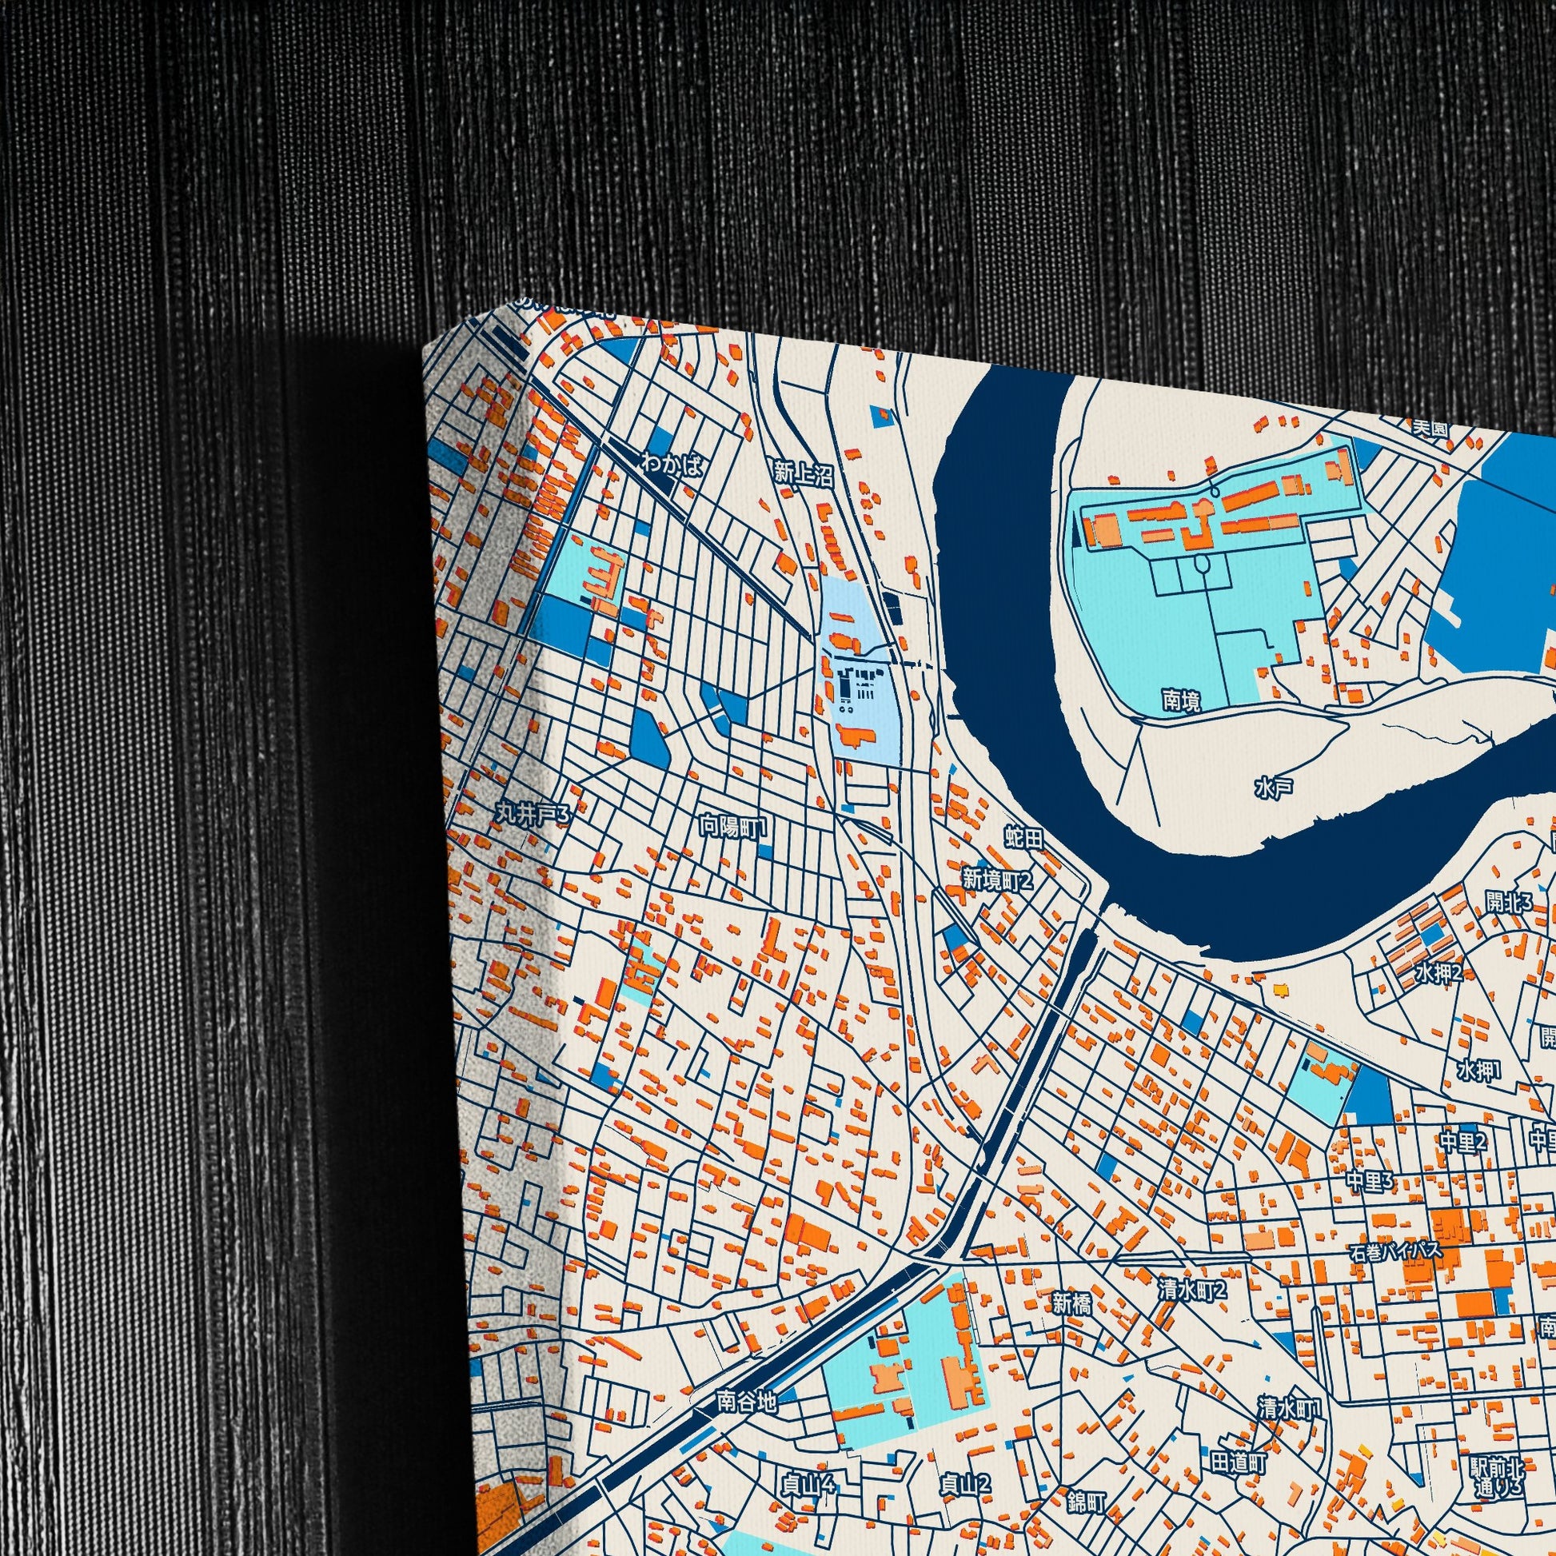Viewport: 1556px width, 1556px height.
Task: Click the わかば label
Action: pos(672,465)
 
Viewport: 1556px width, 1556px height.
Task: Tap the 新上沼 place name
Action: pos(802,474)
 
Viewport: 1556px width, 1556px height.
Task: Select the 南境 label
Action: pos(1182,700)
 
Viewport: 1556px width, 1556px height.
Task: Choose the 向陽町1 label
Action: pos(734,826)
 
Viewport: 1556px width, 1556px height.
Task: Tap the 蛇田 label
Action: pos(1023,839)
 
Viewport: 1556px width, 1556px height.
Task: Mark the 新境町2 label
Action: pos(997,880)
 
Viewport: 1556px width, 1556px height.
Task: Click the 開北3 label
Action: pos(1510,903)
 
